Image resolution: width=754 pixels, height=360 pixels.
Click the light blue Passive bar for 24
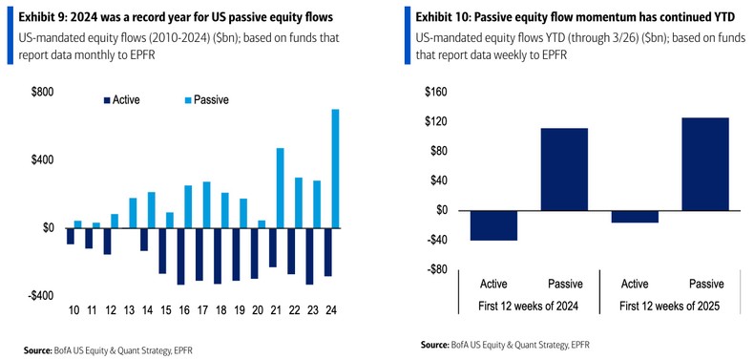pyautogui.click(x=335, y=168)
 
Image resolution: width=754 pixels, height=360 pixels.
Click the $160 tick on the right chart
pyautogui.click(x=435, y=93)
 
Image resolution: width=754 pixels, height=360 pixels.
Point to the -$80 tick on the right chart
pyautogui.click(x=435, y=269)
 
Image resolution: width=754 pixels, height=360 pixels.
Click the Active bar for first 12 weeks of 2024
pyautogui.click(x=494, y=225)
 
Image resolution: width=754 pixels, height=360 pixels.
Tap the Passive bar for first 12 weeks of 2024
pyautogui.click(x=564, y=169)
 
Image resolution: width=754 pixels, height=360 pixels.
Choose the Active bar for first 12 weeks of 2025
pyautogui.click(x=635, y=217)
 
